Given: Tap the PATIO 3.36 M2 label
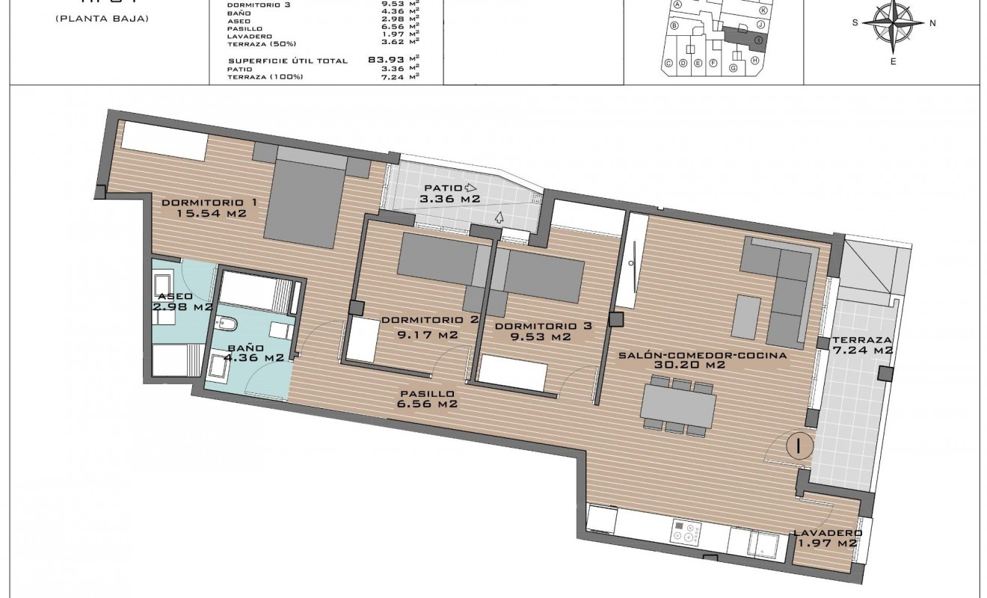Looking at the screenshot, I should pos(449,194).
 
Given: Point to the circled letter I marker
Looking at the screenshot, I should pos(799,446).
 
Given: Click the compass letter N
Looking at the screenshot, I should pos(932,23).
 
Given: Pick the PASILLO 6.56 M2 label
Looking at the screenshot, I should pos(427,398).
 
